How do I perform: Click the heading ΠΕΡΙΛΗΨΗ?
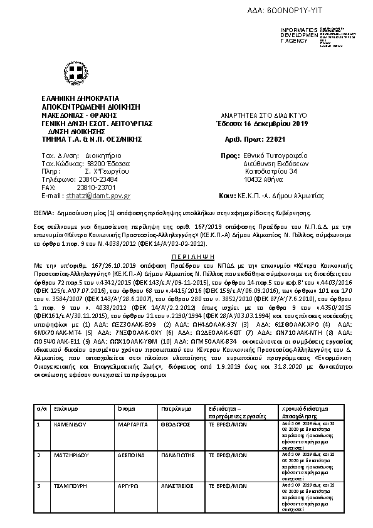(186, 257)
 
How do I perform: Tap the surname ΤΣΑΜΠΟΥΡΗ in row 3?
(69, 486)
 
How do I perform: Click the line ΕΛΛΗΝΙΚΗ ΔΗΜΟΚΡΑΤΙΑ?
(80, 99)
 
